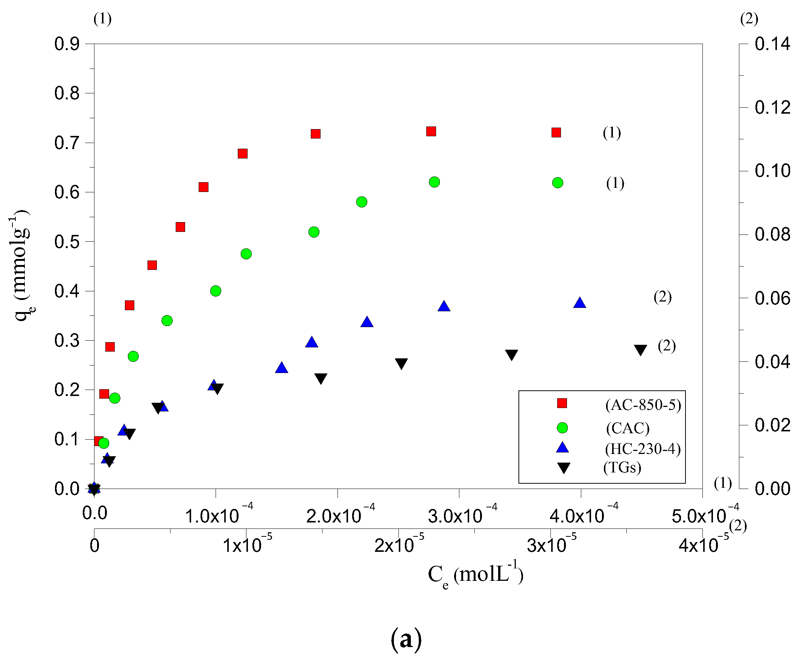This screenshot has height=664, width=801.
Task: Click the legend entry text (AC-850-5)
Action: click(643, 405)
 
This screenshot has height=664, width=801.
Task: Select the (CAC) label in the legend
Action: click(628, 428)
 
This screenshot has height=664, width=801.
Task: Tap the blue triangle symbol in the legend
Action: click(562, 448)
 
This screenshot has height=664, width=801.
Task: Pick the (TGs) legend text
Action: click(622, 467)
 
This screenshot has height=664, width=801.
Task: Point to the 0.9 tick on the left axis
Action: click(67, 44)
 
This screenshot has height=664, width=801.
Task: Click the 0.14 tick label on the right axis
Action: click(772, 44)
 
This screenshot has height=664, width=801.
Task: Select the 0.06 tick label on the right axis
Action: click(772, 298)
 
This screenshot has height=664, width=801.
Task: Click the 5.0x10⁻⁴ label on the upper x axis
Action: click(704, 515)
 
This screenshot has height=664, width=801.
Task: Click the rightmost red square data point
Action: click(556, 132)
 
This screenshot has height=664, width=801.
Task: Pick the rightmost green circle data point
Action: click(558, 183)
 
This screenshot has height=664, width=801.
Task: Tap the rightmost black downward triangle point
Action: click(640, 350)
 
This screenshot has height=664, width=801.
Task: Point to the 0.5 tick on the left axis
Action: click(67, 242)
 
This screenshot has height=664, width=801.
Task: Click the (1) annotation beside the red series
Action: click(612, 133)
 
